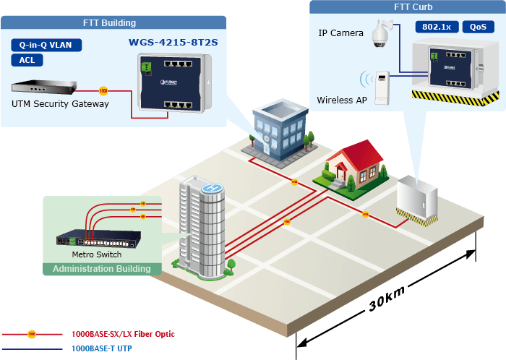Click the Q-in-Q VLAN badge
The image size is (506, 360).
pyautogui.click(x=46, y=45)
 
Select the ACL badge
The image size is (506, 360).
pyautogui.click(x=27, y=60)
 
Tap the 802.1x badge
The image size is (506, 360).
pyautogui.click(x=437, y=27)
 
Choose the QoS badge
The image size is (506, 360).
pyautogui.click(x=478, y=27)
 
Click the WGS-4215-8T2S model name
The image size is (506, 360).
pyautogui.click(x=173, y=42)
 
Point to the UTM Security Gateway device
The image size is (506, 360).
pyautogui.click(x=44, y=87)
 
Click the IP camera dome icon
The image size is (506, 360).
pyautogui.click(x=381, y=33)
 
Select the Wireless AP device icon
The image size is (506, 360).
pyautogui.click(x=382, y=87)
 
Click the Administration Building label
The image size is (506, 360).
pyautogui.click(x=102, y=269)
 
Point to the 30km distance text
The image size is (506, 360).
pyautogui.click(x=386, y=299)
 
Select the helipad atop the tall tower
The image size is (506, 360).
pyautogui.click(x=212, y=188)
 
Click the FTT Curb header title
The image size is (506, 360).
pyautogui.click(x=413, y=7)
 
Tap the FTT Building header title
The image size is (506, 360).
pyautogui.click(x=109, y=23)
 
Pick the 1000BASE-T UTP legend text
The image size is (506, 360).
pyautogui.click(x=102, y=348)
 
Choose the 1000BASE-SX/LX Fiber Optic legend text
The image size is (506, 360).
pyautogui.click(x=123, y=334)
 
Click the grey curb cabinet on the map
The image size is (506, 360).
pyautogui.click(x=417, y=200)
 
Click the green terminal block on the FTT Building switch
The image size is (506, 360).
pyautogui.click(x=146, y=67)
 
